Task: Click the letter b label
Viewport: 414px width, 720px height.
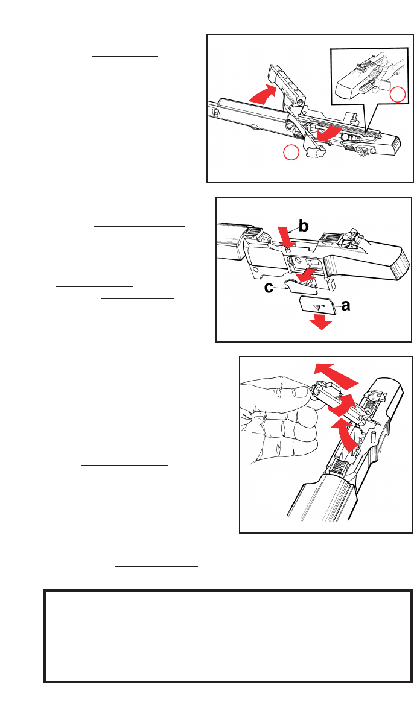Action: pos(303,226)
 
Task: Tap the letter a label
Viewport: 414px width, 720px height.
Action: pos(345,306)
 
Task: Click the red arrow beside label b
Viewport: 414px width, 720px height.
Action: pos(285,235)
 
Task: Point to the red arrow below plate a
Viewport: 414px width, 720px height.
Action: pos(320,324)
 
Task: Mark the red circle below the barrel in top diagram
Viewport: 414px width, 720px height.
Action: pos(291,153)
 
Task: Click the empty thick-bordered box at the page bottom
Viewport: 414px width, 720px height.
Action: pos(228,636)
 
